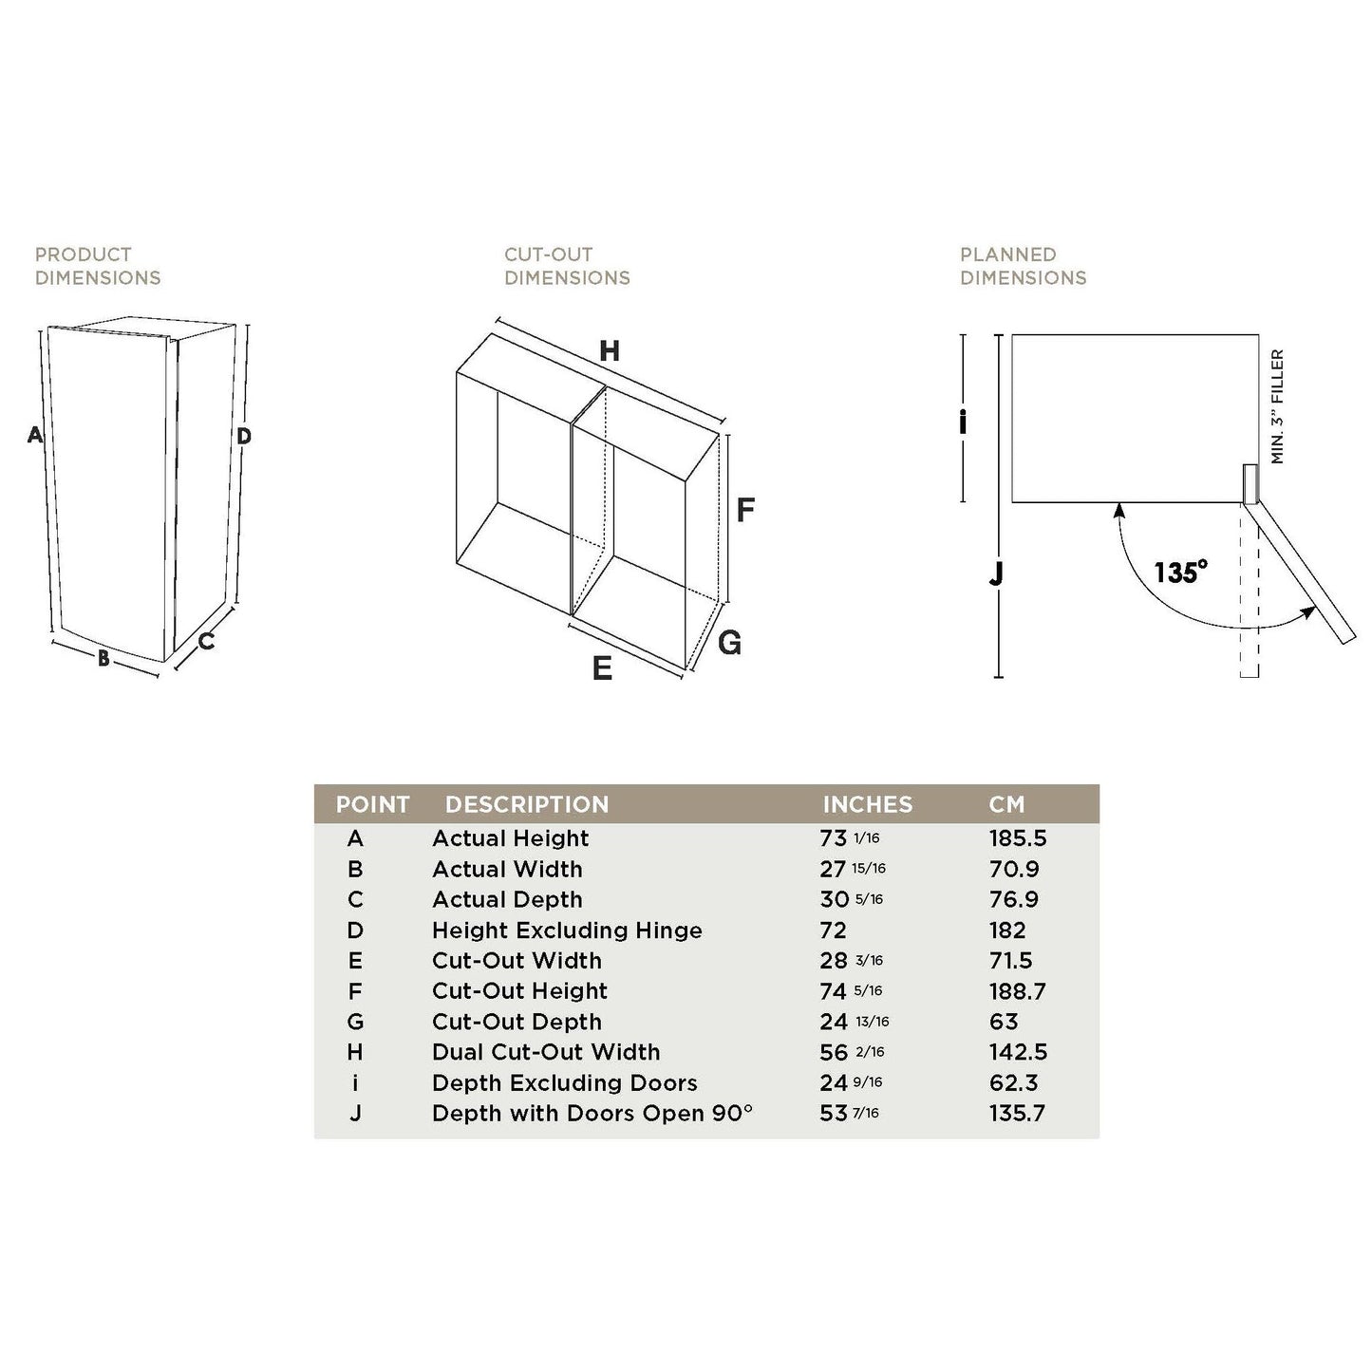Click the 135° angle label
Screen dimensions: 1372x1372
coord(1180,573)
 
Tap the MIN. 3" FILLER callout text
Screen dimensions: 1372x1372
coord(1277,406)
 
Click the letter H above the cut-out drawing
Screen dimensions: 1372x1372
coord(610,351)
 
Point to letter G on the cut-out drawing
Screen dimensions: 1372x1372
coord(729,643)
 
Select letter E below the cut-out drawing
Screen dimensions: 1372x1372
coord(602,668)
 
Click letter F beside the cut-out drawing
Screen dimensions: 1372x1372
coord(745,510)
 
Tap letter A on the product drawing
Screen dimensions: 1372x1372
coord(35,435)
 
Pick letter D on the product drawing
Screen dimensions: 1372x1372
coord(244,436)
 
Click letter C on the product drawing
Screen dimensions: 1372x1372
coord(206,642)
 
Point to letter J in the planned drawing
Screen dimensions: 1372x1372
coord(996,573)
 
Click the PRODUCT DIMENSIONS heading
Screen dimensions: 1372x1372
coord(98,266)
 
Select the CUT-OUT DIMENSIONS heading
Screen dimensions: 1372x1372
coord(567,266)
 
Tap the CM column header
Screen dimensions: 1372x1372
coord(1006,804)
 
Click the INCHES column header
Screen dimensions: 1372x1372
coord(867,804)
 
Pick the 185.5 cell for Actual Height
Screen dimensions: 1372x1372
coord(1018,838)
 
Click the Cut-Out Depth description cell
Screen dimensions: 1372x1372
coord(517,1022)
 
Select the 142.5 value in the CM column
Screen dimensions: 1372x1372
coord(1018,1052)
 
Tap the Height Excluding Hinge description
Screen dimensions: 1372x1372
coord(567,930)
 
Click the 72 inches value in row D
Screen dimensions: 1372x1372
coord(833,930)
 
